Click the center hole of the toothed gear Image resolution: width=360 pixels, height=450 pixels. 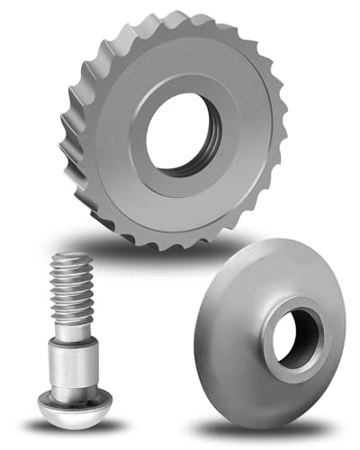pos(180,134)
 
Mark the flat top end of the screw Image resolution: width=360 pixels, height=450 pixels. pos(73,257)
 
